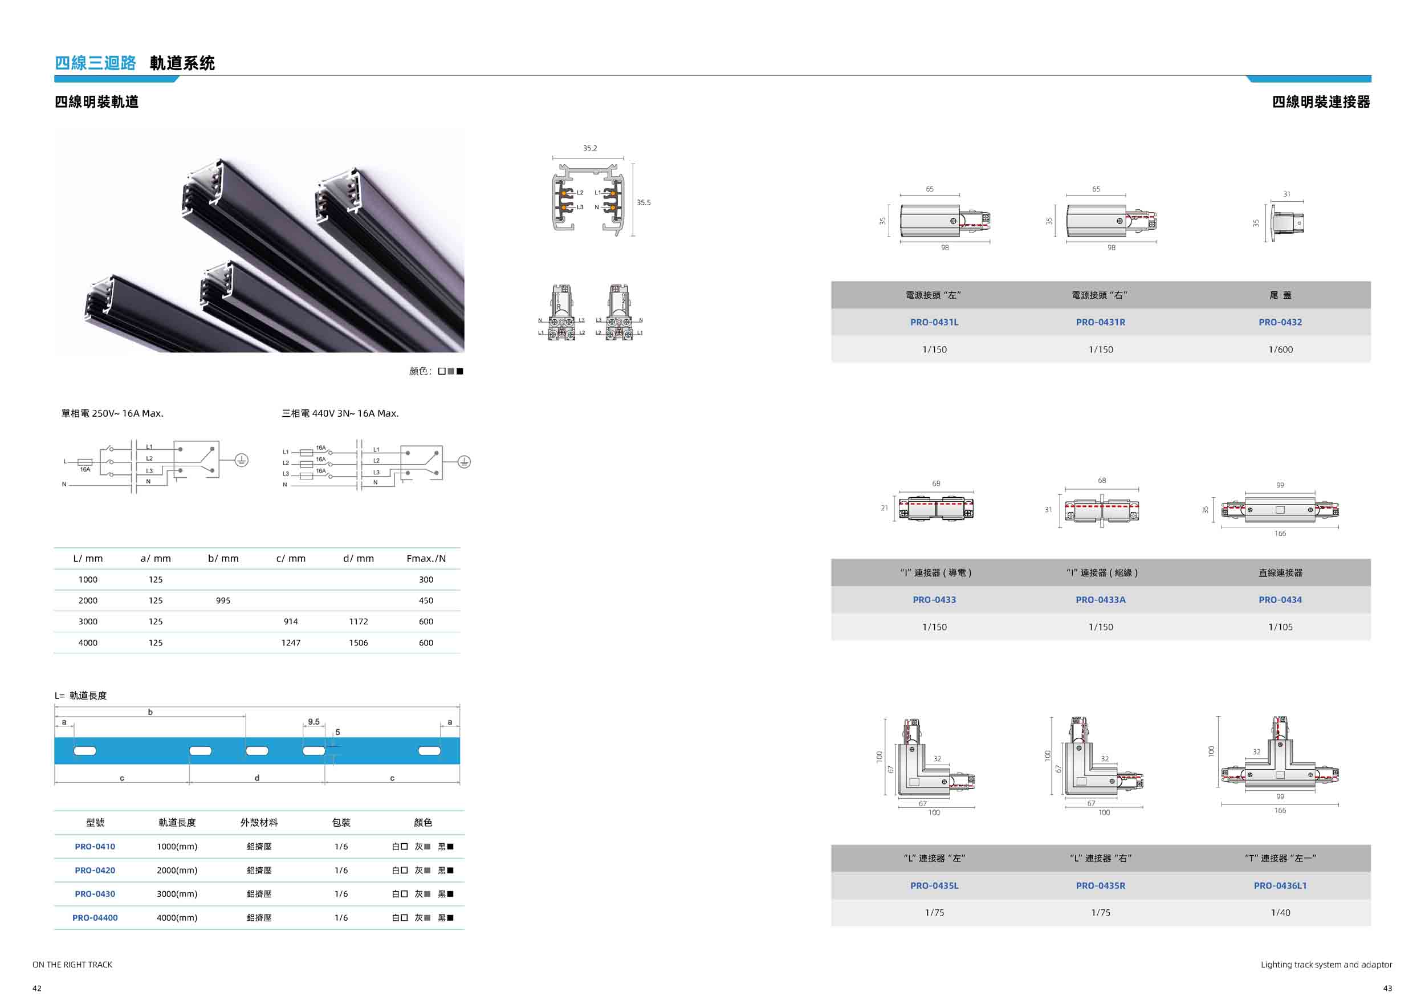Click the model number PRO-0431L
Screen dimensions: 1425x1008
[x=934, y=322]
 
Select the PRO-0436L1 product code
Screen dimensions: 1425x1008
[x=1280, y=886]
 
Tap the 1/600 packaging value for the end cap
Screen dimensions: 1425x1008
[x=1280, y=349]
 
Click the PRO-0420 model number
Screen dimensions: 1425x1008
[x=95, y=870]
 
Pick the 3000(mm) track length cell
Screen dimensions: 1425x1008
[x=177, y=894]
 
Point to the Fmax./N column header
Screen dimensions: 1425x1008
[x=426, y=559]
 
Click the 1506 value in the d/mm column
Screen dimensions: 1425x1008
[x=358, y=643]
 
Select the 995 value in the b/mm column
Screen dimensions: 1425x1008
[x=223, y=601]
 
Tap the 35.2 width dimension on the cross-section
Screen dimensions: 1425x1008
[x=589, y=148]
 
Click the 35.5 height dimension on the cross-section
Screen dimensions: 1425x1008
[x=644, y=202]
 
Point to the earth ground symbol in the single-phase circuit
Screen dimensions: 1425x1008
[x=242, y=460]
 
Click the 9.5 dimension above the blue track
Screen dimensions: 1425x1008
[x=314, y=722]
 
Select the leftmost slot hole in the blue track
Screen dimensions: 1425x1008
[x=85, y=751]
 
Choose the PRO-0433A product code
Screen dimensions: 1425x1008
[x=1101, y=600]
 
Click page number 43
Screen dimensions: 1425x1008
[x=1388, y=988]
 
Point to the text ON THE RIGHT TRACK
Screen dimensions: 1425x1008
[x=72, y=965]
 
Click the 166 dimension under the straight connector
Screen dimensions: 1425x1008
[x=1280, y=534]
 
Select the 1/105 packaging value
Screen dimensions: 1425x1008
[x=1280, y=628]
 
